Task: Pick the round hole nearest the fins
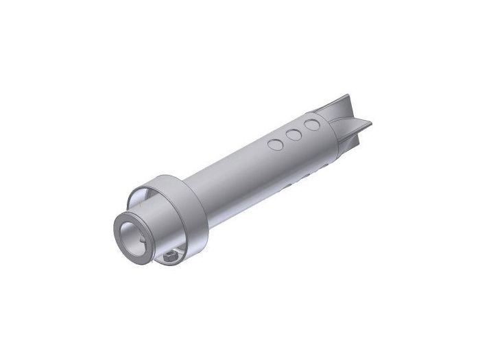[x=313, y=125]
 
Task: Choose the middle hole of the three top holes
[x=294, y=135]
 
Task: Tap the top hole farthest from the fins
[x=276, y=145]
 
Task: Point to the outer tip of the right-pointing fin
[x=370, y=124]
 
